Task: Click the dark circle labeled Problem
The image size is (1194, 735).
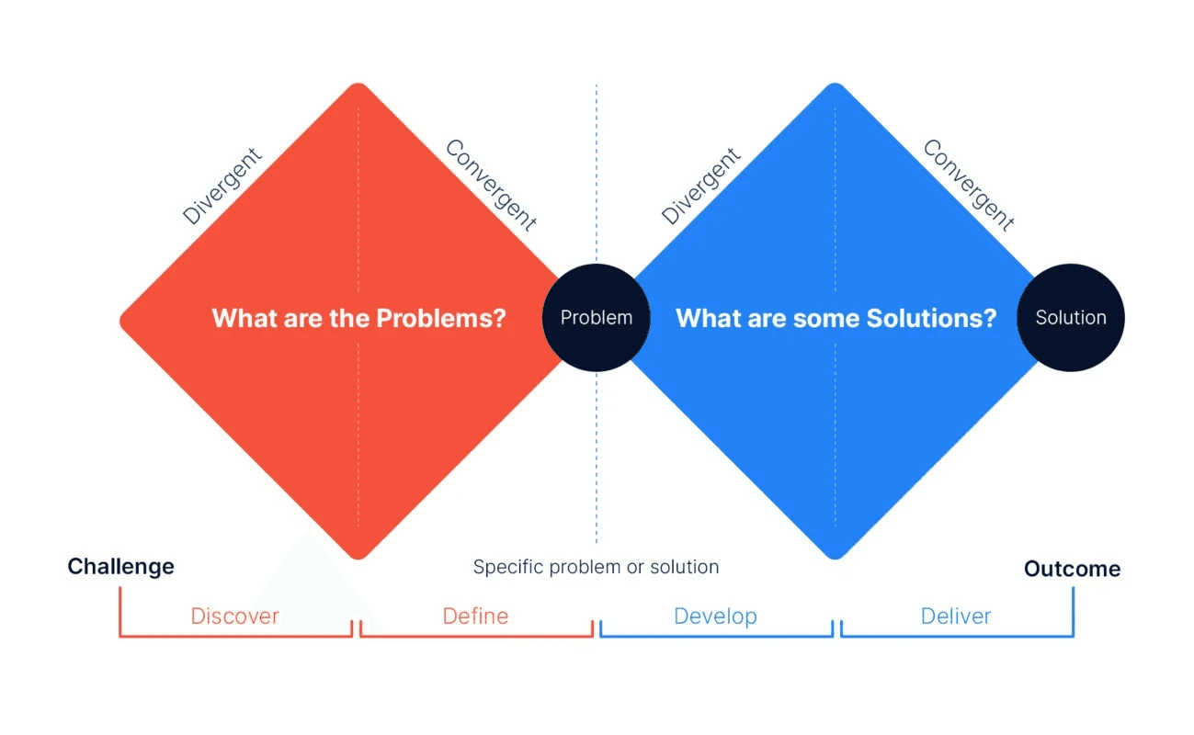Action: coord(597,318)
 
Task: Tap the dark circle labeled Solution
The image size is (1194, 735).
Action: coord(1071,318)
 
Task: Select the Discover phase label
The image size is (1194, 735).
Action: coord(234,616)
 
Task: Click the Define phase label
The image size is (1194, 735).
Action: coord(475,616)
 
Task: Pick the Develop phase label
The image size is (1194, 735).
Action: coord(715,616)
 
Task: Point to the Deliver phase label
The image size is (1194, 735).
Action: coord(956,616)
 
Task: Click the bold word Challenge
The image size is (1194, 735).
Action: coord(120,566)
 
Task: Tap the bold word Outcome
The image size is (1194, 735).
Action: coord(1072,569)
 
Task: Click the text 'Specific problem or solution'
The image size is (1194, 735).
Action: coord(596,567)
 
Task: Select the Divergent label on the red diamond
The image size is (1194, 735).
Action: coord(222,186)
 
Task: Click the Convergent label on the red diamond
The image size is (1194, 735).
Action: coord(491,185)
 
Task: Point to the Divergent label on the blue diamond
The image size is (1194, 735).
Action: coord(701,186)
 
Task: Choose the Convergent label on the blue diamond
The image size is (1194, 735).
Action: coord(969,185)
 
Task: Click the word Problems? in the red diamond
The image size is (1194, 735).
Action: coord(441,319)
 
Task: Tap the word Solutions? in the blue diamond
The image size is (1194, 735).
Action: coord(930,319)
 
